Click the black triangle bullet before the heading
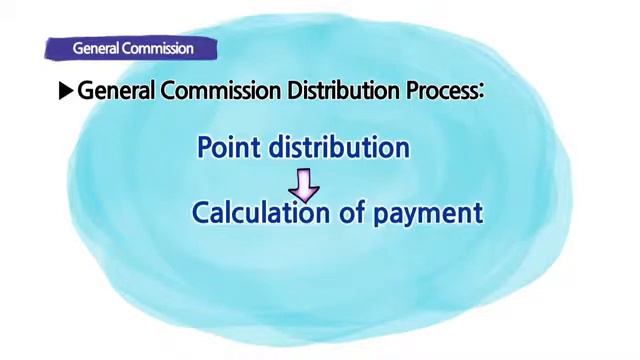[66, 91]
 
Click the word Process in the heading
[441, 91]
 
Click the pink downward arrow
[305, 183]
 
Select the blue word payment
[427, 214]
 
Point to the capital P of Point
[205, 148]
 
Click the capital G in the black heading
[86, 91]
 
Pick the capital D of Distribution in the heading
[295, 91]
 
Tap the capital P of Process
[412, 91]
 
